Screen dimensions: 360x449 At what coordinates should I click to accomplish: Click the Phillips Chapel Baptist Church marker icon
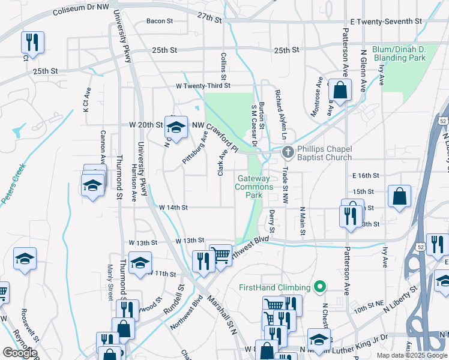(x=288, y=152)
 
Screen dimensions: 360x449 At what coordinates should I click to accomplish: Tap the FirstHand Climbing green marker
(x=319, y=288)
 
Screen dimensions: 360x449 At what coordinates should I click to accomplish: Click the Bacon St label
(x=160, y=21)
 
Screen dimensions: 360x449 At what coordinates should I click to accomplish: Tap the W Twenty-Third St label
(x=203, y=86)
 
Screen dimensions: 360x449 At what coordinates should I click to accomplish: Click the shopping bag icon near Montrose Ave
(x=340, y=91)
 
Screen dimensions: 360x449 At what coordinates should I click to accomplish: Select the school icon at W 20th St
(x=176, y=127)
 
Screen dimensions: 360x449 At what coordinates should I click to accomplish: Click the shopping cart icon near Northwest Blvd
(x=220, y=254)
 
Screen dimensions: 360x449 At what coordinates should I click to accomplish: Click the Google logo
(x=20, y=353)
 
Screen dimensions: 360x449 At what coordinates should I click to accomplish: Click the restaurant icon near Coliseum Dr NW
(x=31, y=42)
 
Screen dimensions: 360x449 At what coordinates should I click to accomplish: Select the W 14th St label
(x=173, y=208)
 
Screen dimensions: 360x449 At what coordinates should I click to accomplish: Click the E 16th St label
(x=366, y=176)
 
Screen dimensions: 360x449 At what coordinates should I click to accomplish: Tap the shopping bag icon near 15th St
(x=399, y=196)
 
